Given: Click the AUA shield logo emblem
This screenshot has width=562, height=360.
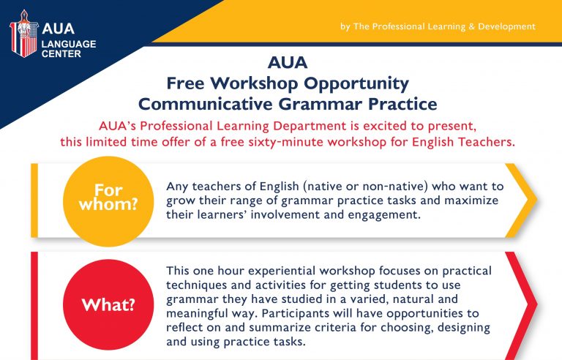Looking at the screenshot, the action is [23, 34].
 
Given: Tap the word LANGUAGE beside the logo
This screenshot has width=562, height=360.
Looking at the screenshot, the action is [69, 44].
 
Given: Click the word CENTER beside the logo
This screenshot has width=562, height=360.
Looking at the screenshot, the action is [61, 54].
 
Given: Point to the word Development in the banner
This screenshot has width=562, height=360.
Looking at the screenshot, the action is [507, 26].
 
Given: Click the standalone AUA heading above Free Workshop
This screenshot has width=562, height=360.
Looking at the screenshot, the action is [288, 62].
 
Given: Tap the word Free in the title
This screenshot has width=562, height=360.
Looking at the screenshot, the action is [185, 83].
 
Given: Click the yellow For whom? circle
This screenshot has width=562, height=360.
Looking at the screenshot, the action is [108, 201].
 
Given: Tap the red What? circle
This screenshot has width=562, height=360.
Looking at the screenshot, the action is [108, 304].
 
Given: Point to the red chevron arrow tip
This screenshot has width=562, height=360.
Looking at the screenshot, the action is [537, 304].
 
